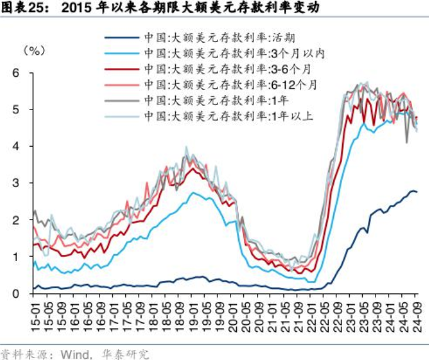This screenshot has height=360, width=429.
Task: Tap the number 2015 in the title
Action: (x=79, y=8)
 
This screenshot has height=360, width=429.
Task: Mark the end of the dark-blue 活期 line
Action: (x=416, y=192)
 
